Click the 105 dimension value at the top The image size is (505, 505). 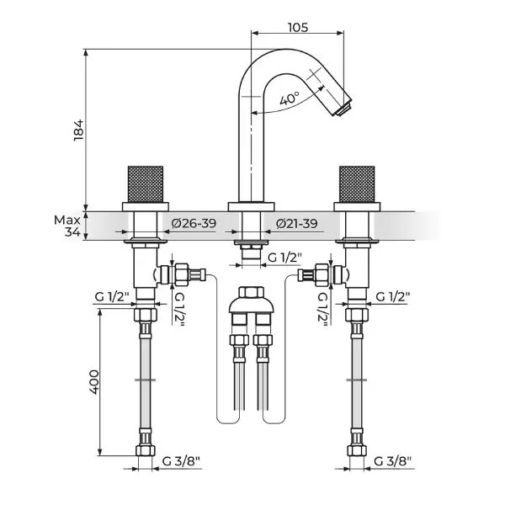pos(298,28)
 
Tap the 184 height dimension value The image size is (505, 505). pos(79,130)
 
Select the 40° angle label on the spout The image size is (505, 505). pos(290,98)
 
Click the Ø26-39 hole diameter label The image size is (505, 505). pos(194,223)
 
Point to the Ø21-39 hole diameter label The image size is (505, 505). pos(296,223)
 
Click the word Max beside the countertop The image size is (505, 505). pos(67,221)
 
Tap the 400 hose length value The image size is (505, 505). pos(94,382)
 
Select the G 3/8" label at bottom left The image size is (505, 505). pos(181,461)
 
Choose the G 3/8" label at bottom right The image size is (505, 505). pos(392,461)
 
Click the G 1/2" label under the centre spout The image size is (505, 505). pos(285,258)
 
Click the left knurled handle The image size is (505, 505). pos(146,184)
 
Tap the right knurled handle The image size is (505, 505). pos(357,184)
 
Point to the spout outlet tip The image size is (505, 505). pos(343,109)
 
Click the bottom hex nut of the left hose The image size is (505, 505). pos(146,450)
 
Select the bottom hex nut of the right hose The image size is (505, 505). pos(357,450)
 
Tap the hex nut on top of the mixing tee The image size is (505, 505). pos(251,292)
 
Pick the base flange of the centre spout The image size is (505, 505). pos(251,207)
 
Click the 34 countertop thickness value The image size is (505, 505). pos(72,232)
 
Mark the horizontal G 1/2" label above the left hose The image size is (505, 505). pos(112,296)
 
